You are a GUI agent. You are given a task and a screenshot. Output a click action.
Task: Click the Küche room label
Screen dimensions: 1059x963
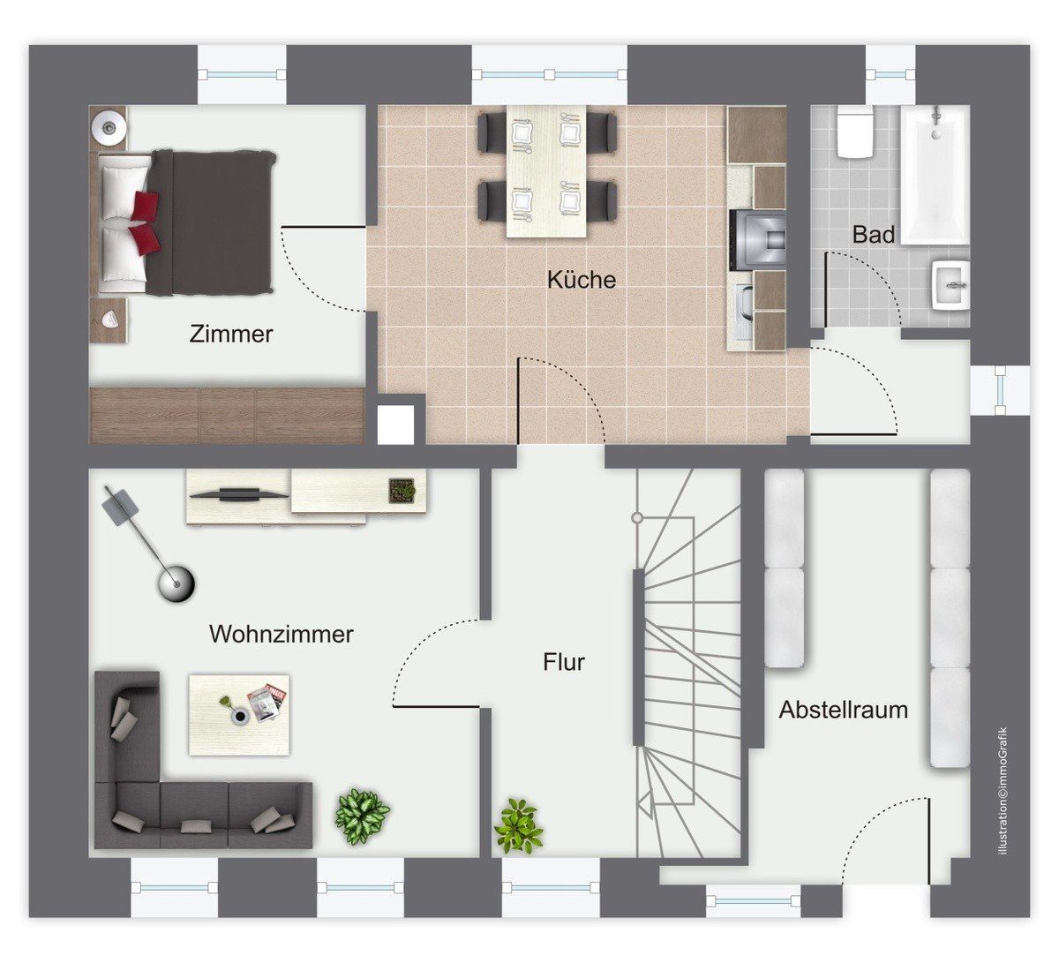pos(582,280)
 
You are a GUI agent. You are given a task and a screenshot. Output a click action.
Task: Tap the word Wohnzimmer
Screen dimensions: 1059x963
pos(281,635)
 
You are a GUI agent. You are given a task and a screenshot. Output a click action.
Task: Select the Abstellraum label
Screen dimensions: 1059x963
pos(843,710)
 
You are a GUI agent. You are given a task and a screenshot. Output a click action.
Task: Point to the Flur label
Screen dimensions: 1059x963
pos(564,662)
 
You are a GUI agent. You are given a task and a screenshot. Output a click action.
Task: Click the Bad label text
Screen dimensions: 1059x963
pos(874,235)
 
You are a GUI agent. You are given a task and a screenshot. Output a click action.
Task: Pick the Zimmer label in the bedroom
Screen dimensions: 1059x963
pos(231,334)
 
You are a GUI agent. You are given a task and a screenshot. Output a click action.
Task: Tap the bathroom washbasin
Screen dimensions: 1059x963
pos(950,285)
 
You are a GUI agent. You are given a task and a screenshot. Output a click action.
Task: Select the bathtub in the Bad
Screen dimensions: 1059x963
pos(935,175)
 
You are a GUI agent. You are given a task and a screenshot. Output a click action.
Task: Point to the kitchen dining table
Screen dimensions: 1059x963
pos(546,171)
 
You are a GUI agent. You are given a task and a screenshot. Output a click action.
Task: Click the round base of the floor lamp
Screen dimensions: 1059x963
pos(176,583)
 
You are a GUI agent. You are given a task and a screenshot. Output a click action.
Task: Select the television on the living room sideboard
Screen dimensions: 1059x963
pos(239,494)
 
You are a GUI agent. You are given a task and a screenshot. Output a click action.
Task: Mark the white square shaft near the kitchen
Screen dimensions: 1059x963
pos(396,425)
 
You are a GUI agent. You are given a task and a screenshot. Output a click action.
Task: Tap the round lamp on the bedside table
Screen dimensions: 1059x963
pos(109,126)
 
